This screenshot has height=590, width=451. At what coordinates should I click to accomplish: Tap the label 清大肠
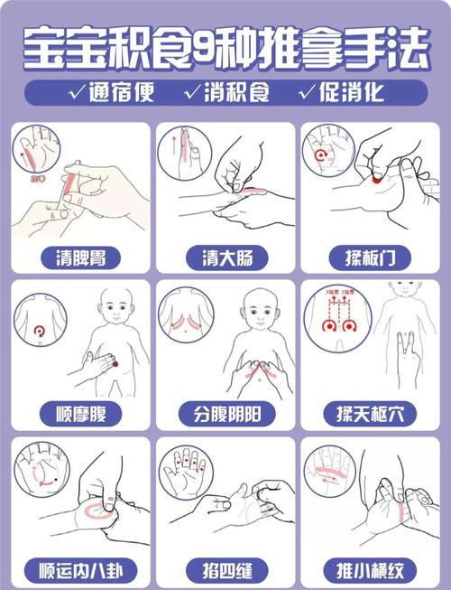(225, 258)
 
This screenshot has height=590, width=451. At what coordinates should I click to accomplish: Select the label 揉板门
(371, 258)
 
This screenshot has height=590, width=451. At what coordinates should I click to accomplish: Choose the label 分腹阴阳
(225, 415)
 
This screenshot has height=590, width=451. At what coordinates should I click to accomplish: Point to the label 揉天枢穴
(371, 415)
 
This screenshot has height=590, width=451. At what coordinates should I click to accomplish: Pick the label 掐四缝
(225, 571)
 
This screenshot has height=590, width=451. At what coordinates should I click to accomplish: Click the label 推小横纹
(371, 571)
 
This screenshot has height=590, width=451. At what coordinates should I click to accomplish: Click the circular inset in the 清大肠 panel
(185, 152)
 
